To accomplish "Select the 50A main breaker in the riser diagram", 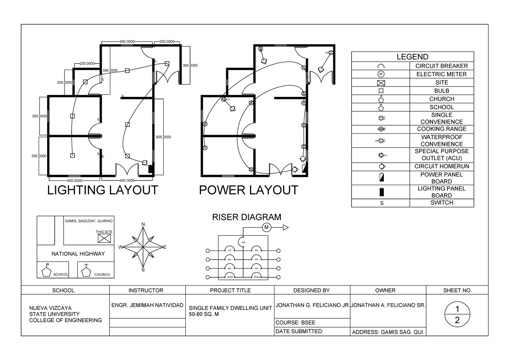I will pos(243,242).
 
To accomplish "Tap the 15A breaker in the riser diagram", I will pos(229,250).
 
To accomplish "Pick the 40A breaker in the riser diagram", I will pos(229,267).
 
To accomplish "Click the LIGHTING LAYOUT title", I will pos(102,190).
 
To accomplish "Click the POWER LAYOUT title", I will pos(249,190).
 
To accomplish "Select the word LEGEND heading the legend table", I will pos(412,57).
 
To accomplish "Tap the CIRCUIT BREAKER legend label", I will pos(442,66).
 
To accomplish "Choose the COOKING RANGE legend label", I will pos(442,129).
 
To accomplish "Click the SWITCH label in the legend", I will pos(442,202).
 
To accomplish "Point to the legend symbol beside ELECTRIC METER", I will pos(380,74).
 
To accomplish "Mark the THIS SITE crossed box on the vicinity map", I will pos(104,238).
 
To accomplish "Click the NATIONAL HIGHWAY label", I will pos(78,253).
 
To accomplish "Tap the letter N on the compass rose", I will pos(143,225).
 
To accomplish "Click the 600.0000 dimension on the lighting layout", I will pos(163,137).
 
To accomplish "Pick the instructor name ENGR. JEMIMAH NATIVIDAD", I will pos(147,305).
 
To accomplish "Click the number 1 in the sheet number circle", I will pos(457,308).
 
